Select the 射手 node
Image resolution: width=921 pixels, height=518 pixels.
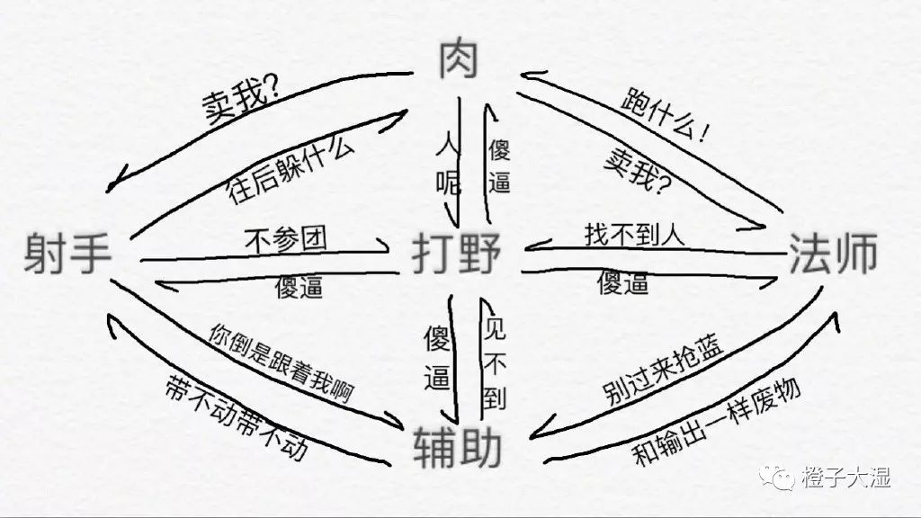68,254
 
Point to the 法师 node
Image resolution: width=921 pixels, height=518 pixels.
833,254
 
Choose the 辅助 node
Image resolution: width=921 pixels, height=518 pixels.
457,447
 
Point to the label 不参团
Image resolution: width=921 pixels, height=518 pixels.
285,239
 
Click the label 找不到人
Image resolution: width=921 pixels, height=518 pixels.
635,236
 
